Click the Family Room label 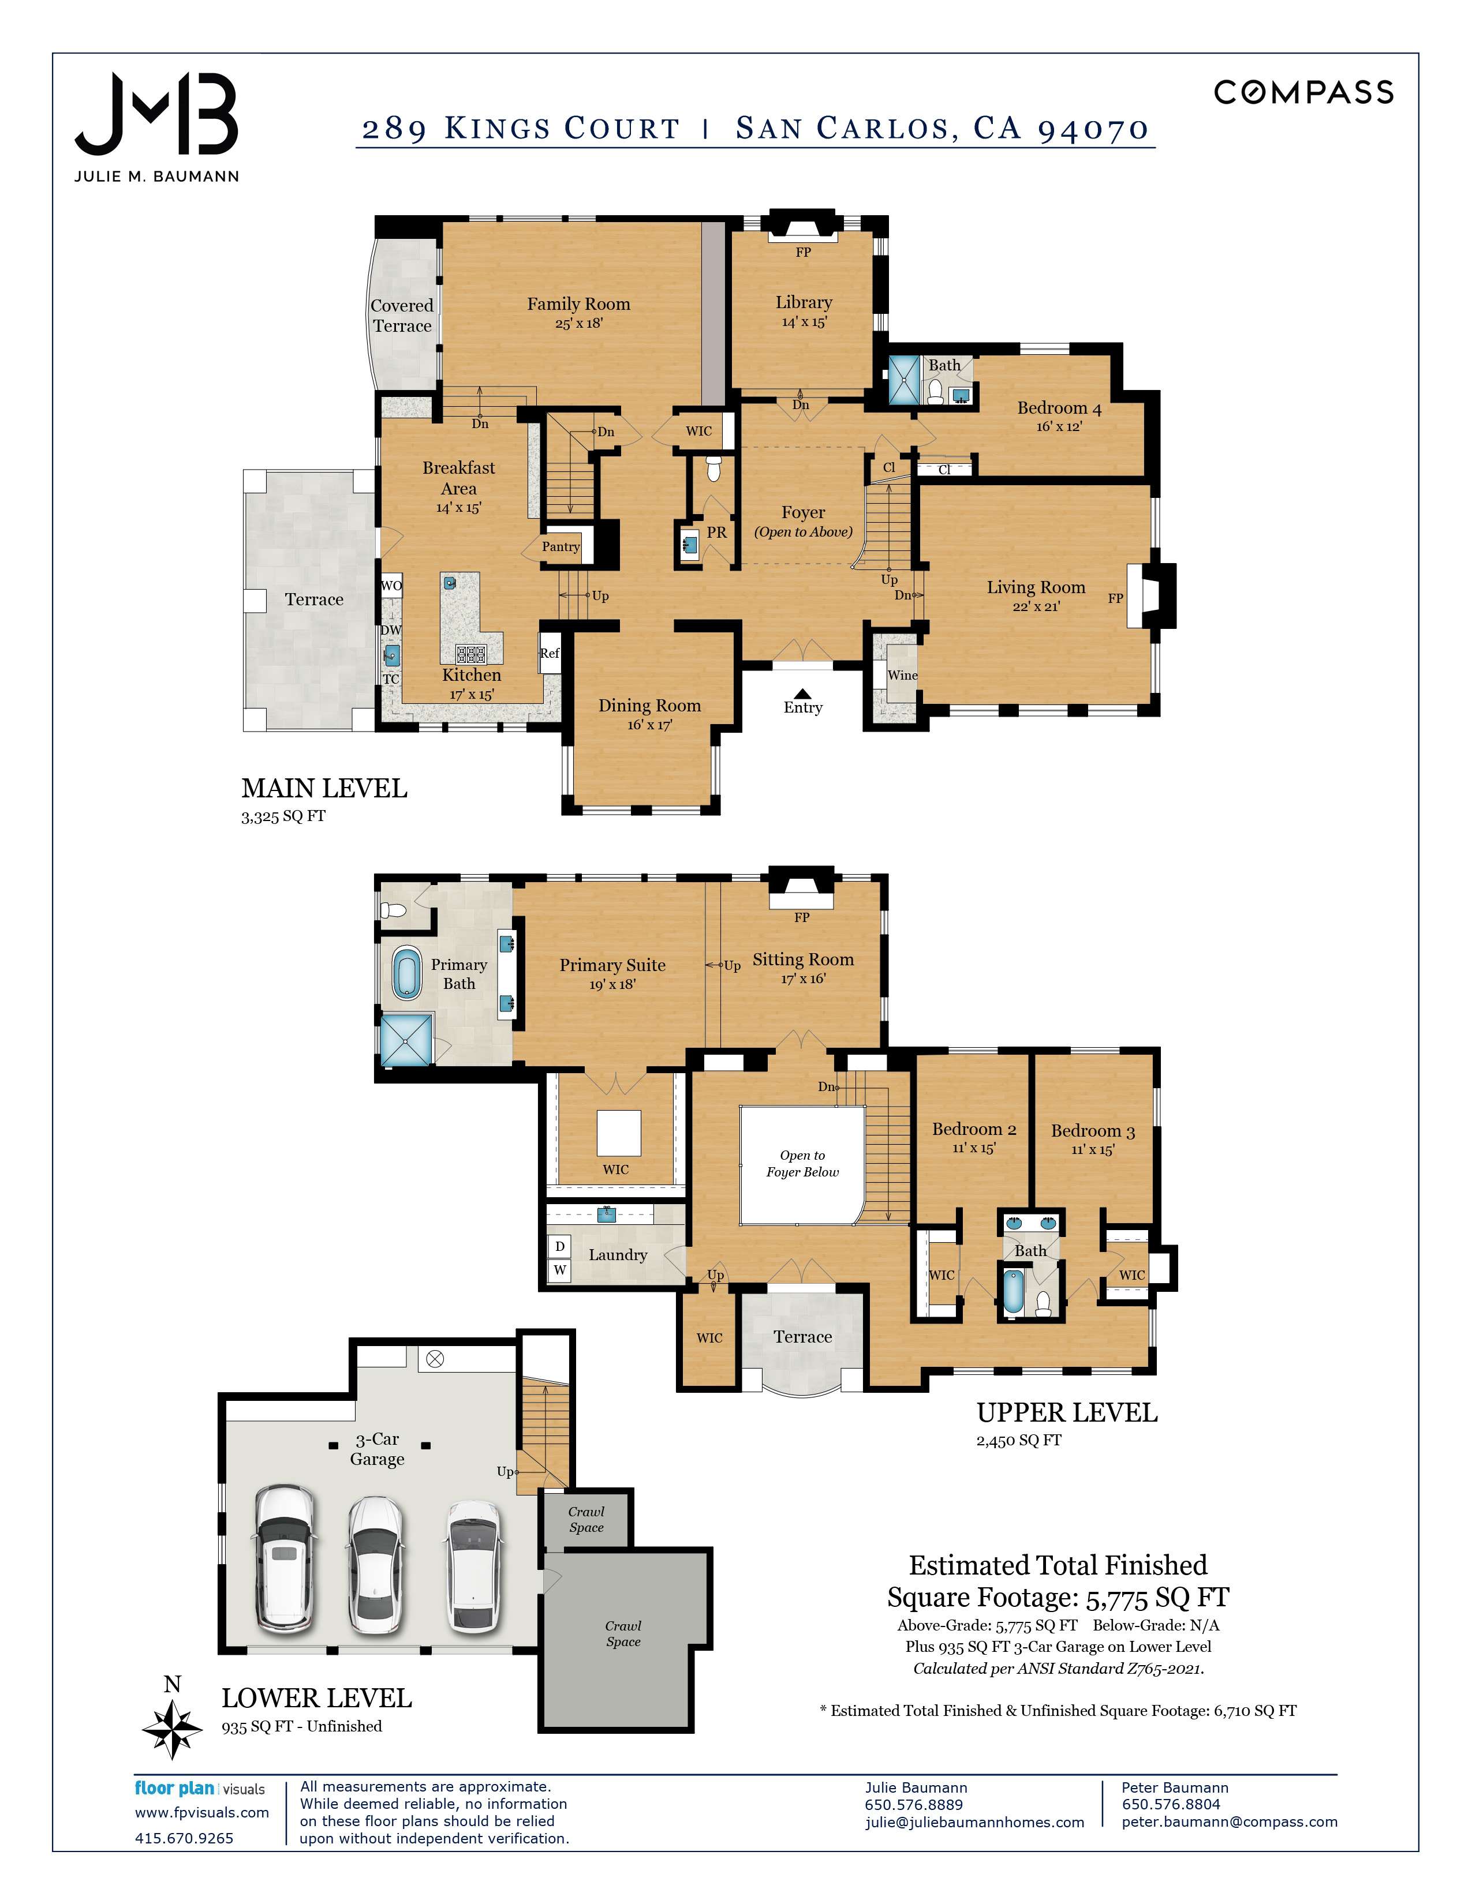coord(578,304)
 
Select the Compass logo coord(1303,92)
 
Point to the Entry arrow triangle coord(802,693)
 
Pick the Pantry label coord(561,546)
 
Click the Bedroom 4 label coord(1059,408)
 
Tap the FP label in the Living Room coord(1115,598)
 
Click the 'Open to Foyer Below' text coord(802,1164)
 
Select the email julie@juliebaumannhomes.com coord(974,1822)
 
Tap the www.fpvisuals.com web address coord(201,1812)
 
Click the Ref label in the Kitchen coord(550,653)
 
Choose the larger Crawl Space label coord(623,1634)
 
